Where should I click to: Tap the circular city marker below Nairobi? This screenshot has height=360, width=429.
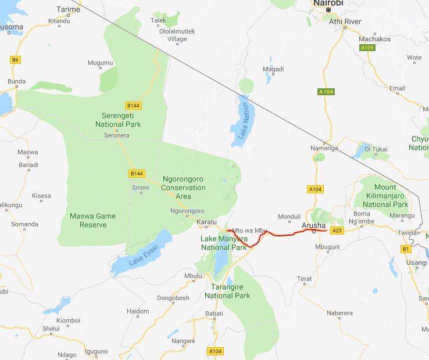coord(328,10)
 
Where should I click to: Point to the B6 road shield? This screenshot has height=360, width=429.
coord(15,59)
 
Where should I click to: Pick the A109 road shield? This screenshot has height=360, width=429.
coord(366,48)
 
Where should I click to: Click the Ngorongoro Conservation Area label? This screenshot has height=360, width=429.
coord(183,188)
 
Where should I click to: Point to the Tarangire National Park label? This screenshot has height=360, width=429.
coord(227,291)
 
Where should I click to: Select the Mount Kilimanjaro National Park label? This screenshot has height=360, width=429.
coord(385,196)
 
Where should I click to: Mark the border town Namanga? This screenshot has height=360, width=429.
coord(324,148)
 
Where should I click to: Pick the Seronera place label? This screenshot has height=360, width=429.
coord(116,135)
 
